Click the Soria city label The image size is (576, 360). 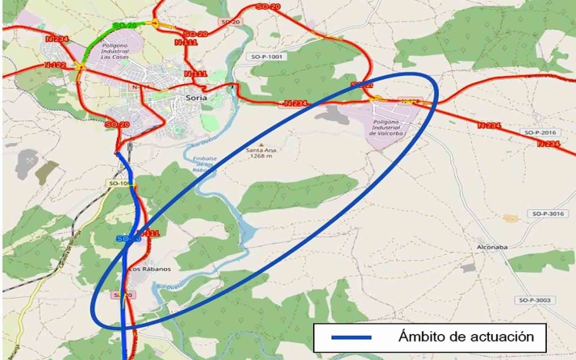tap(196, 97)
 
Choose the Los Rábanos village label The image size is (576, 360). tap(150, 269)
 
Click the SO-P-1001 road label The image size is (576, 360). tap(268, 57)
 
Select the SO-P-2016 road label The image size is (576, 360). tap(541, 132)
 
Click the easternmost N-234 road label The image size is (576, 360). tap(548, 144)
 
